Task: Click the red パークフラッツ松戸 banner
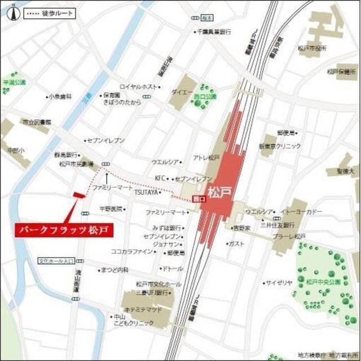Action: click(63, 230)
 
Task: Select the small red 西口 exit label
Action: click(197, 199)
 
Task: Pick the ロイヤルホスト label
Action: click(139, 86)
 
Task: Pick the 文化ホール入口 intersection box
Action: click(57, 261)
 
